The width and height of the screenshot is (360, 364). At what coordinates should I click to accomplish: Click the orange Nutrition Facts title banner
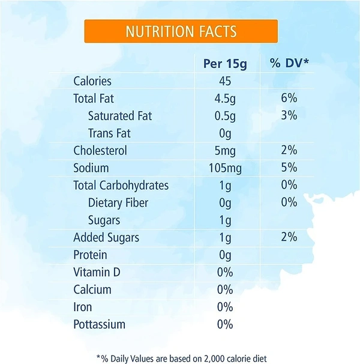tap(181, 31)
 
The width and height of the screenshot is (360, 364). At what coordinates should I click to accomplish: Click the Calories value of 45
tap(224, 81)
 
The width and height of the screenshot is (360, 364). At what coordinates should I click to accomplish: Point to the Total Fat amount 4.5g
tap(224, 99)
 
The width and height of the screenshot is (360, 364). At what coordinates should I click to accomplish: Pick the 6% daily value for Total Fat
tap(289, 99)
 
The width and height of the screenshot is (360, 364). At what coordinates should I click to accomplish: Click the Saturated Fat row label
tap(121, 116)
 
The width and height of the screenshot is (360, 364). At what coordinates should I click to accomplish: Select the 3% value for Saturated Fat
tap(289, 116)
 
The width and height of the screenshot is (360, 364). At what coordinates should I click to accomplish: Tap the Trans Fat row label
tap(109, 133)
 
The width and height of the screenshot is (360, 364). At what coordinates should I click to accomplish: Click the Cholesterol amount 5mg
tap(224, 151)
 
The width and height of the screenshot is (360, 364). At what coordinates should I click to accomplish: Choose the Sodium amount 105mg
tap(224, 168)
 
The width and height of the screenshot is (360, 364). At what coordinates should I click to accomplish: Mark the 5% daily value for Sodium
tap(289, 168)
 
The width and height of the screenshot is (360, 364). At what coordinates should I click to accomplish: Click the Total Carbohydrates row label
tap(121, 186)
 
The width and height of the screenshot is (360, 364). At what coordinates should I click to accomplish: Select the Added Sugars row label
tap(106, 237)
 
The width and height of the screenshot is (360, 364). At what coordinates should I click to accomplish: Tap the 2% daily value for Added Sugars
tap(289, 237)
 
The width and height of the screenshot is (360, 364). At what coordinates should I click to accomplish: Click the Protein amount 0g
tap(224, 255)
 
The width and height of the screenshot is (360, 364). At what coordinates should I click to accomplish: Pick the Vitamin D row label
tap(97, 272)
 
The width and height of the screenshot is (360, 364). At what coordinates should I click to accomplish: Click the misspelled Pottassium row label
tap(99, 324)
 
